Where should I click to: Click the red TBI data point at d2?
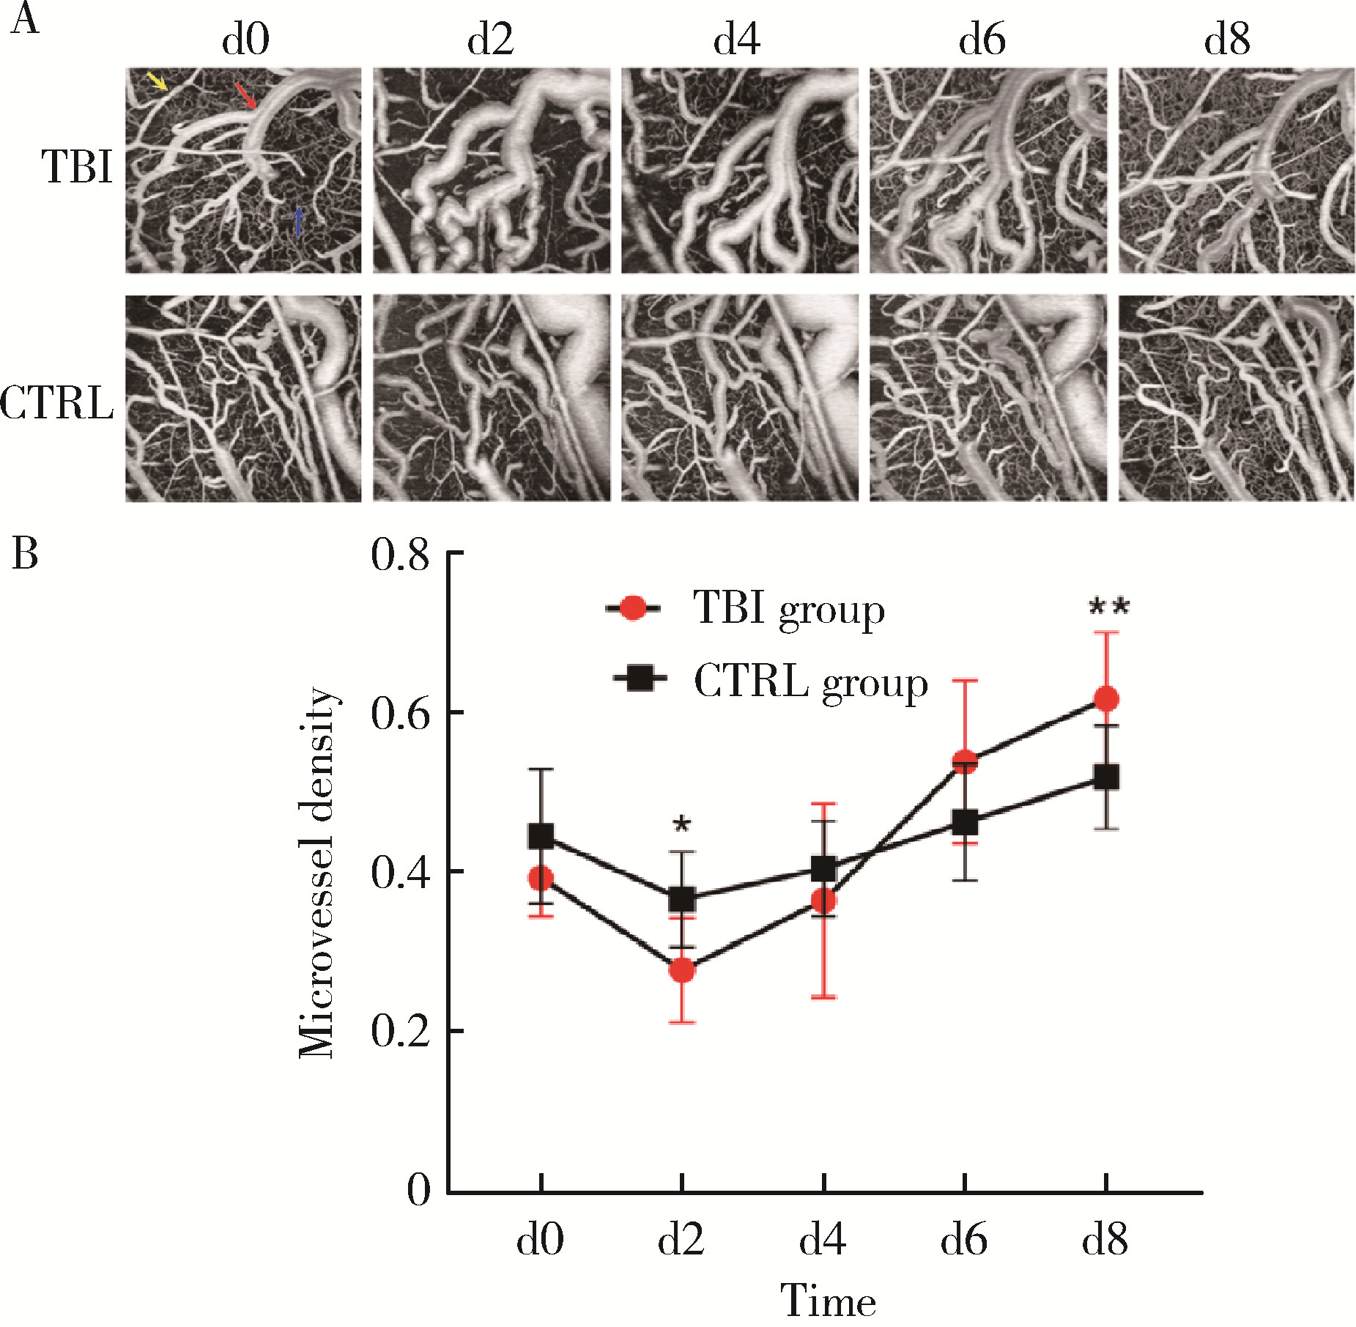tap(682, 970)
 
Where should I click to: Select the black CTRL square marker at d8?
tap(1105, 777)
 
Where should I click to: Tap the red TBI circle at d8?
tap(1105, 699)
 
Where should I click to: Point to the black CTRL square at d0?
tap(541, 836)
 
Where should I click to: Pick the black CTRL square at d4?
tap(823, 869)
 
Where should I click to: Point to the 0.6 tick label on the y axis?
tap(399, 713)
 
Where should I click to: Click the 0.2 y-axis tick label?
tap(399, 1032)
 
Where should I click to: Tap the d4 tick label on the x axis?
tap(823, 1240)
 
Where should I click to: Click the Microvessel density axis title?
tap(317, 873)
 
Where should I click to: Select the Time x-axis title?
tap(827, 1301)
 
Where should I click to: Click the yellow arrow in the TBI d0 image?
tap(158, 81)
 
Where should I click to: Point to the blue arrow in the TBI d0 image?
tap(299, 221)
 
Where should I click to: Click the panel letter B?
tap(25, 554)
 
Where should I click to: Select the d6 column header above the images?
tap(982, 40)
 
